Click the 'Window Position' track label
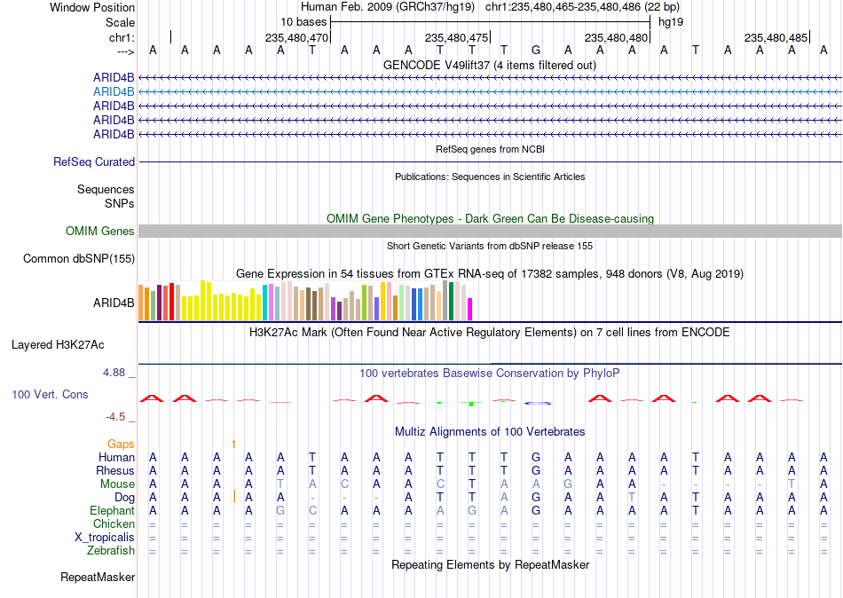92,7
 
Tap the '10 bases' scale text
303,22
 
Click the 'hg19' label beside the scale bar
671,22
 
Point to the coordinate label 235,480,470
296,37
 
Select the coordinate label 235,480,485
776,37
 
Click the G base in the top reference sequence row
535,50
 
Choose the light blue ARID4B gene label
114,92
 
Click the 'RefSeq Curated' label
94,161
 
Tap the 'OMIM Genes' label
100,232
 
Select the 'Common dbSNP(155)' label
79,259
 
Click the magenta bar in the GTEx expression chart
469,310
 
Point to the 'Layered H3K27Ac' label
58,345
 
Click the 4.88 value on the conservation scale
114,373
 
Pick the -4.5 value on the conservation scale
115,417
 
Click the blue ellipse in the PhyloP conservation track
538,403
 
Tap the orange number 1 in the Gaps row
233,445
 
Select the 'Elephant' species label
112,511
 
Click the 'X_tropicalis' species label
105,538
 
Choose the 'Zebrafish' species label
111,551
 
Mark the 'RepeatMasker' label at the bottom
98,577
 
